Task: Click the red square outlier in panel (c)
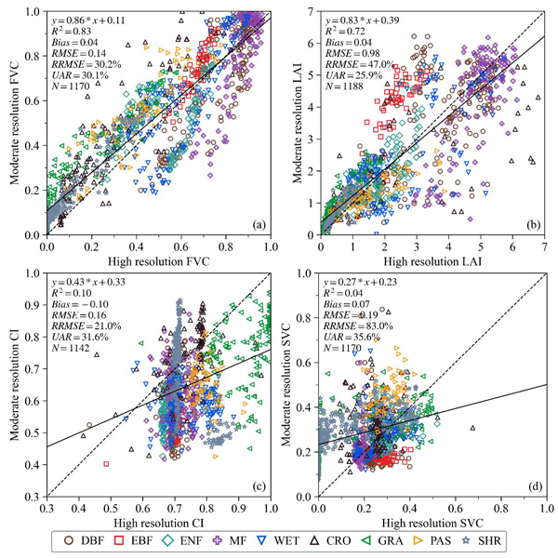[x=106, y=462]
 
